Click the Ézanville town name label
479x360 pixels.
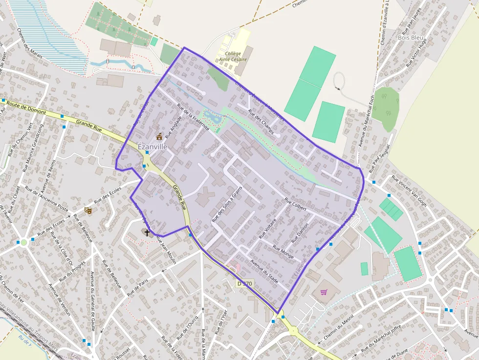[152, 146]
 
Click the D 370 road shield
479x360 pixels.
[244, 283]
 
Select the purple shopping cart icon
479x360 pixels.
[324, 292]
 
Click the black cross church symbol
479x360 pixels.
[147, 232]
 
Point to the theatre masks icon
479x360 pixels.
[88, 210]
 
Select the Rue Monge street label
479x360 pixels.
[283, 252]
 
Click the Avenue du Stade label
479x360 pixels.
[264, 271]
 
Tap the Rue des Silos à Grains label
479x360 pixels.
[227, 205]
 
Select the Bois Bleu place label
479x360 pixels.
[411, 37]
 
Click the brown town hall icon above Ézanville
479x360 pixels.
[159, 137]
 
